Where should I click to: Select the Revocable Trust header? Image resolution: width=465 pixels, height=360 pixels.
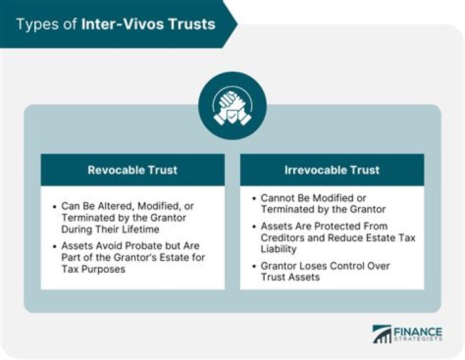[x=132, y=171]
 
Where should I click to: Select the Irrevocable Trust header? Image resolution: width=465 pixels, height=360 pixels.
[x=332, y=171]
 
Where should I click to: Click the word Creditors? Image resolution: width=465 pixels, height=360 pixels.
[x=282, y=238]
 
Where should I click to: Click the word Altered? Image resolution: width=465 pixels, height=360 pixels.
[x=110, y=206]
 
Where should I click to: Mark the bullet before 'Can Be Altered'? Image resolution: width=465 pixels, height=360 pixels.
[x=54, y=206]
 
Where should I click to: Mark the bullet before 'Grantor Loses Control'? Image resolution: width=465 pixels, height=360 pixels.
[x=254, y=266]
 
